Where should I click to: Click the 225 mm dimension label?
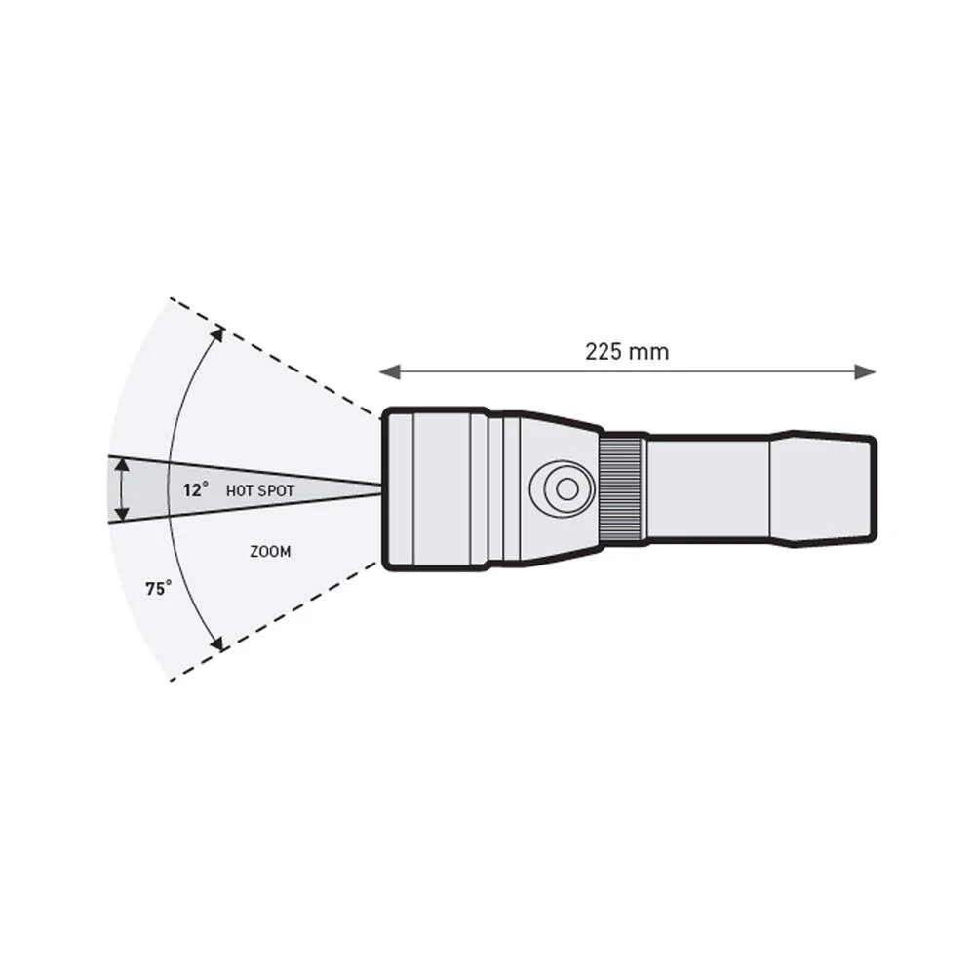[627, 352]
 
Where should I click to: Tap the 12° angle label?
[195, 490]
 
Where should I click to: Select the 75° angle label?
[159, 588]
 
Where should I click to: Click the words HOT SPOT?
[260, 491]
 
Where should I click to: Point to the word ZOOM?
[270, 552]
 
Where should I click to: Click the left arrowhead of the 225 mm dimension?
[389, 372]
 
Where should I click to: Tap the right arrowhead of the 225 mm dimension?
[866, 372]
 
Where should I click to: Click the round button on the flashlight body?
[563, 488]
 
